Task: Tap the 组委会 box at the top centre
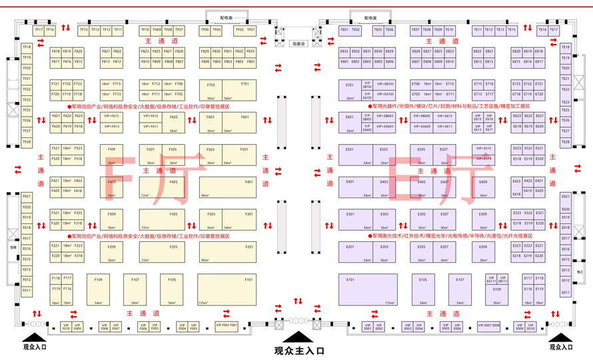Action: tap(298, 43)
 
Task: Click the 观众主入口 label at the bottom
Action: tap(298, 350)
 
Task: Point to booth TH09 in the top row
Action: tap(157, 30)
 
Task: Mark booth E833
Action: tap(344, 51)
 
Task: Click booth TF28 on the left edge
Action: tap(27, 141)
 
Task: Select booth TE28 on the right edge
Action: tap(565, 141)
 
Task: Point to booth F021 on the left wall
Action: tap(27, 197)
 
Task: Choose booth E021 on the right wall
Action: tap(565, 197)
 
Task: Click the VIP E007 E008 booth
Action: tap(488, 326)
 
